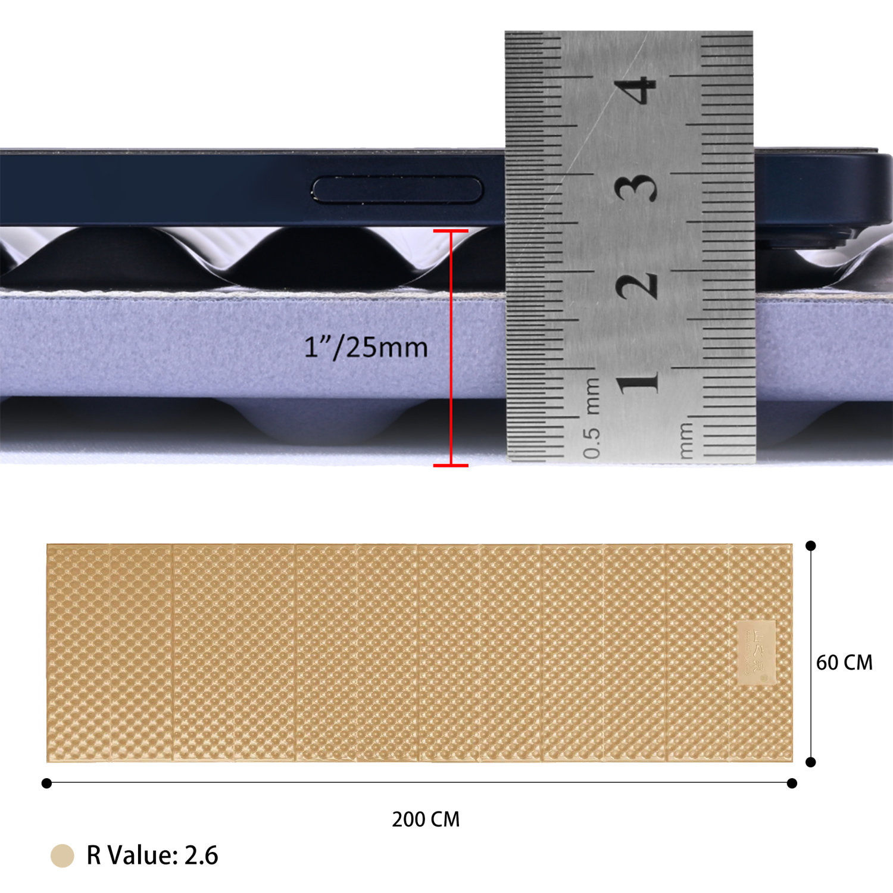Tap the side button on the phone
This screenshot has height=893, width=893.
point(397,190)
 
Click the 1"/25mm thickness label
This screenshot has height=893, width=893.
point(366,347)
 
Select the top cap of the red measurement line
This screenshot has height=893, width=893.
point(451,231)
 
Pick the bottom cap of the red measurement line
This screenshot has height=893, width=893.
point(451,465)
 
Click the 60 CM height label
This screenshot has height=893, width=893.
point(844,663)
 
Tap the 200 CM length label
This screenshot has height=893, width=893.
point(426,819)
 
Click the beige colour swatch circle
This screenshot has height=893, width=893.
point(62,855)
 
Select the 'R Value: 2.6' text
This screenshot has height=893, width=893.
point(152,855)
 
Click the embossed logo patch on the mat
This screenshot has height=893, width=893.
point(757,652)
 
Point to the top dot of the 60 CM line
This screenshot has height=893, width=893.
point(810,546)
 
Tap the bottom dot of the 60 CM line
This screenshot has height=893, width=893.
point(810,762)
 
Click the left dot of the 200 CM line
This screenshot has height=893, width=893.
point(47,783)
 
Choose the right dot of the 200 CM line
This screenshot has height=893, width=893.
point(792,783)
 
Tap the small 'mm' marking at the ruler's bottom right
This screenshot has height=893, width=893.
point(686,441)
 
